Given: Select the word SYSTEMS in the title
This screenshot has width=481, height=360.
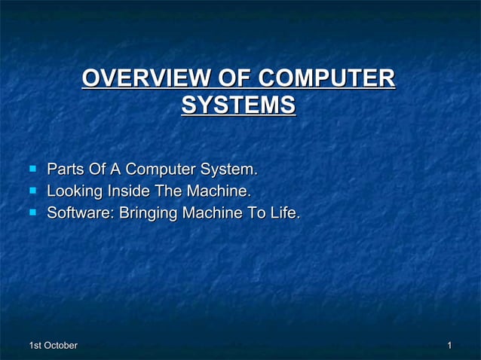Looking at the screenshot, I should (238, 105).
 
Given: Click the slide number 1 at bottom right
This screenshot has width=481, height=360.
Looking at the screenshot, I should (449, 345).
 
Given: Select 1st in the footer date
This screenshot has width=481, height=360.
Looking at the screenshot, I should (35, 345).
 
